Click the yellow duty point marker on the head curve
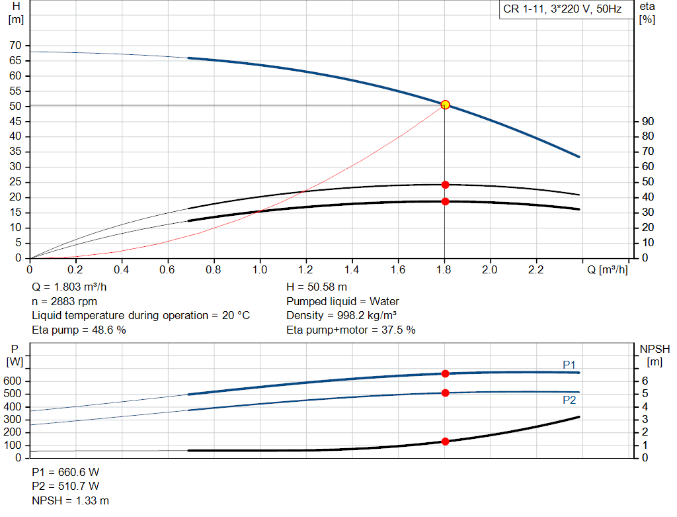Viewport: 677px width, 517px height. point(445,105)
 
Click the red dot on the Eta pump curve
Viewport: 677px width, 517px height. point(445,185)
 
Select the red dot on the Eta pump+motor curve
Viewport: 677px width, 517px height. point(445,201)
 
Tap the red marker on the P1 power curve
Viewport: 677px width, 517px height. point(445,374)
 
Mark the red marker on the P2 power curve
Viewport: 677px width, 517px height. point(445,393)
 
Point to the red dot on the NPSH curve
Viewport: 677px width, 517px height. point(445,442)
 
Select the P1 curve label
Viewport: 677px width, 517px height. point(569,365)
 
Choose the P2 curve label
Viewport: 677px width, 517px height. point(569,400)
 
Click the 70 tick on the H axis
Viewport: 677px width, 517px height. point(15,46)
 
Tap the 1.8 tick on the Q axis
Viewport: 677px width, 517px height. point(444,270)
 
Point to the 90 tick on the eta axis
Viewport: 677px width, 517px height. point(648,121)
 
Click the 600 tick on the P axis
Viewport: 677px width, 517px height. point(15,381)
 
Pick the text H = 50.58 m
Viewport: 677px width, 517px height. point(317,287)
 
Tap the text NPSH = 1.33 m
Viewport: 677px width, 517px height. point(71,500)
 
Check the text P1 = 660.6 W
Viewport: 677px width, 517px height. point(65,473)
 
